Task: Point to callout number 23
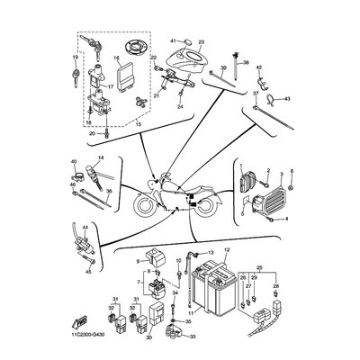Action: click(202, 42)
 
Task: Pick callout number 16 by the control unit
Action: click(117, 57)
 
